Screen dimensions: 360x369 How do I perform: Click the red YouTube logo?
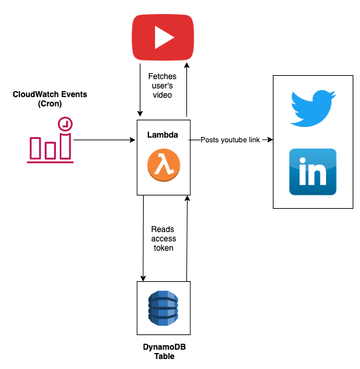click(163, 37)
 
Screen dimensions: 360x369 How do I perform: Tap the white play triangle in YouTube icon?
click(163, 37)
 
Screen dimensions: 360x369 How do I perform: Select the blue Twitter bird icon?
click(313, 108)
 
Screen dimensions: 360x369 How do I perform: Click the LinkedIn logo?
click(313, 172)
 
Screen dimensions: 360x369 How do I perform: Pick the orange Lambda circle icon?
click(164, 165)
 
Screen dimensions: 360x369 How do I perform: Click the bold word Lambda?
click(162, 135)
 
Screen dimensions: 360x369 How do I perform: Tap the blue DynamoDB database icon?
click(163, 308)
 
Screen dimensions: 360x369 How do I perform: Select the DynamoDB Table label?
click(164, 351)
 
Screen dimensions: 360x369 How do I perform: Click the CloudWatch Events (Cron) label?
click(50, 99)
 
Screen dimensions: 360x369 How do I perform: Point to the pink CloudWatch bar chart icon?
click(50, 140)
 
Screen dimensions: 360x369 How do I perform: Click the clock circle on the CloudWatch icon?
click(65, 124)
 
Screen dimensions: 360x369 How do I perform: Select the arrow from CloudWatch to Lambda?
click(104, 140)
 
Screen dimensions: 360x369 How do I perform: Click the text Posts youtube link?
click(230, 140)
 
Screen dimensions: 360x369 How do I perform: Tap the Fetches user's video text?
click(162, 86)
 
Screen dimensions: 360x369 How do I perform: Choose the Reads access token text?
click(163, 239)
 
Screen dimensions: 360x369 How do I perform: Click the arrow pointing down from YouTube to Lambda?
click(140, 90)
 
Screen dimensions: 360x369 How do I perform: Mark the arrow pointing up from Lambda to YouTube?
click(187, 90)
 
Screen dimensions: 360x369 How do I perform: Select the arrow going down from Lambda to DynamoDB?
click(143, 238)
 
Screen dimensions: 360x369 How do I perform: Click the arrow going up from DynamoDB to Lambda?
click(187, 239)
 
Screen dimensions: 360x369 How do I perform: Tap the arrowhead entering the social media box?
click(270, 140)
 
